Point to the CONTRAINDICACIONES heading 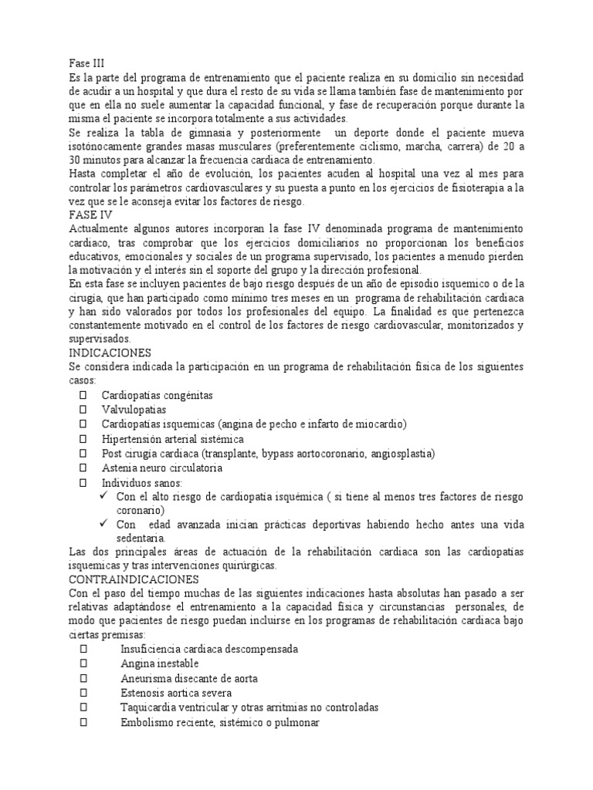pyautogui.click(x=134, y=579)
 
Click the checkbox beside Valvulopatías pyautogui.click(x=83, y=410)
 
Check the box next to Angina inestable pyautogui.click(x=83, y=663)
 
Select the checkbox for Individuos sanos pyautogui.click(x=83, y=483)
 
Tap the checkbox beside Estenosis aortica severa pyautogui.click(x=83, y=693)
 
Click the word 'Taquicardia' pyautogui.click(x=147, y=707)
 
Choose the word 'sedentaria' pyautogui.click(x=141, y=538)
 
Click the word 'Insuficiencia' pyautogui.click(x=151, y=649)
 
